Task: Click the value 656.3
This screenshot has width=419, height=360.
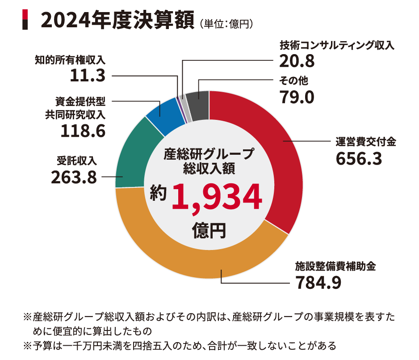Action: pos(359,158)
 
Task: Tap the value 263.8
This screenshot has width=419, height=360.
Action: pos(74,177)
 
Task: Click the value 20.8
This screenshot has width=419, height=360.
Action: pos(297,60)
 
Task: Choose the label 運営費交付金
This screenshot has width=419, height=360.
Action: pos(366,142)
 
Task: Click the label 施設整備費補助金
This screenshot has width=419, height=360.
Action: pos(335,267)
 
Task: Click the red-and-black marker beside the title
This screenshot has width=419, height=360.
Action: pos(25,20)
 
